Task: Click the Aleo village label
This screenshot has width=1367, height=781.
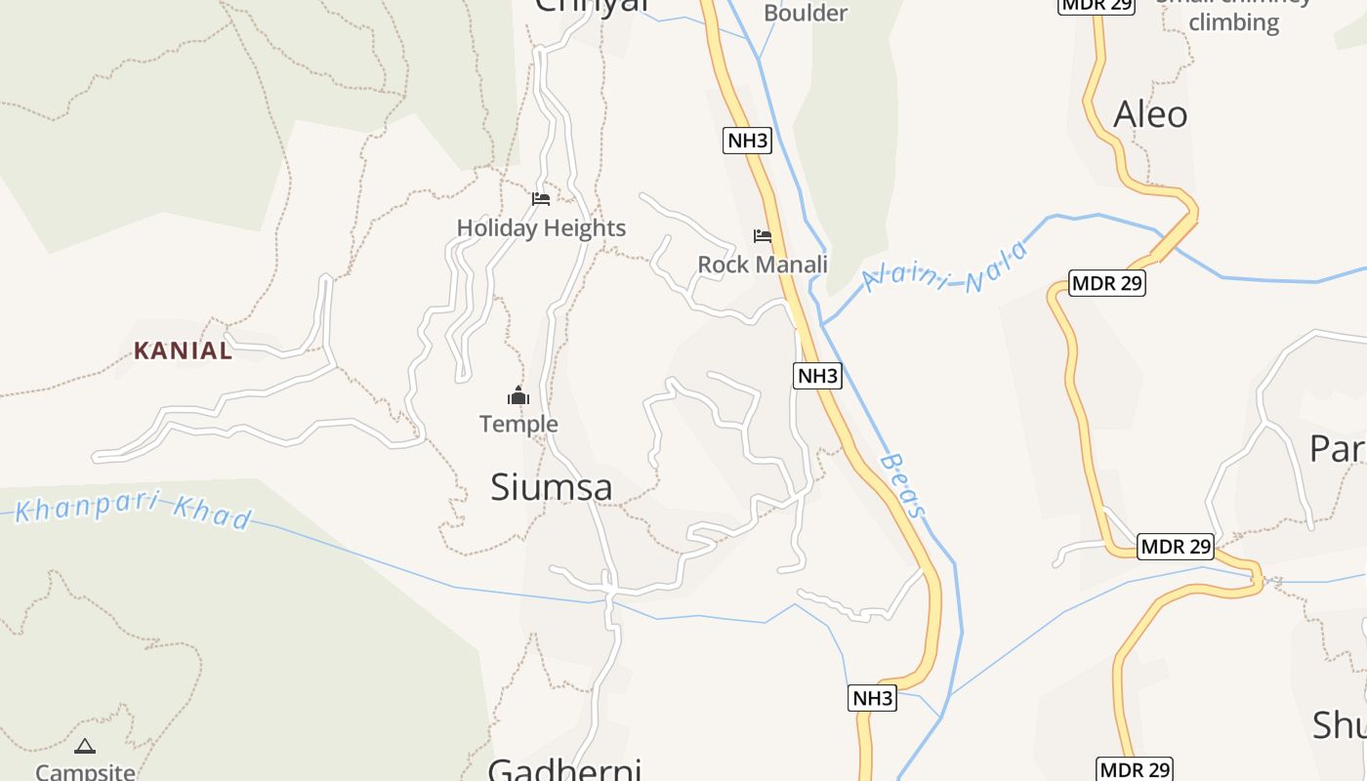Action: pos(1150,115)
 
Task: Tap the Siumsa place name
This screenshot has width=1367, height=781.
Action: pos(551,487)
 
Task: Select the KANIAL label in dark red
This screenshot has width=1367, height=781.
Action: pos(183,350)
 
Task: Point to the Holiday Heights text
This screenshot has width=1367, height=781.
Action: pos(541,228)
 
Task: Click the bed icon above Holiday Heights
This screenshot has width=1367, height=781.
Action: pos(541,199)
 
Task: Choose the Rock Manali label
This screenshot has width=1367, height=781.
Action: pos(762,265)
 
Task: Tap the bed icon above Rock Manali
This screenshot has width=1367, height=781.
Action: pos(763,236)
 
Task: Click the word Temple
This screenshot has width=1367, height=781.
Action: pos(518,424)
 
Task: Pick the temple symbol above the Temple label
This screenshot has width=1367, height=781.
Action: pos(518,396)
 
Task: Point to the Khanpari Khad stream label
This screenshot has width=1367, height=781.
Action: pos(134,508)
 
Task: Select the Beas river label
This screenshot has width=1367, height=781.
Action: pos(902,485)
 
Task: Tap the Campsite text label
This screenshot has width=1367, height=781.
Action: pos(85,771)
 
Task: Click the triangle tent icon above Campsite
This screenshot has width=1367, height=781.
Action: pos(85,747)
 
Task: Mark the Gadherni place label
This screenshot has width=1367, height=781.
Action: pos(564,769)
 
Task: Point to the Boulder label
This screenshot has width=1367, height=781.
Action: pos(805,14)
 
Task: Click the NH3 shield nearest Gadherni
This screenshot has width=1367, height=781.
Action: pos(872,698)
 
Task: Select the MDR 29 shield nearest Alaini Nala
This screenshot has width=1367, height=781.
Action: pos(1107,283)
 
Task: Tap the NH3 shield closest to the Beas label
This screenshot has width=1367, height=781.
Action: pos(817,376)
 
